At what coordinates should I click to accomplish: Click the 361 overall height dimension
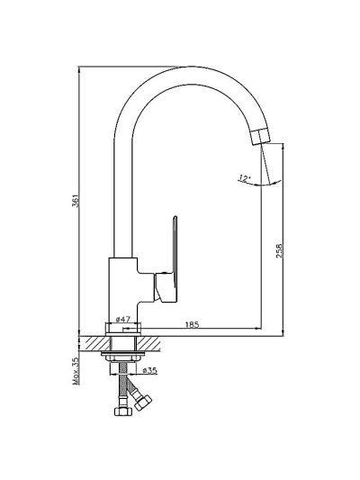pos(76,201)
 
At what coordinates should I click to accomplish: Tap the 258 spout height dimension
pos(280,250)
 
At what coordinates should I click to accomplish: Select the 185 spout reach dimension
pos(192,324)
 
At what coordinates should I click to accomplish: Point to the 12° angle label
pos(245,178)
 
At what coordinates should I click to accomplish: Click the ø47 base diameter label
pos(123,320)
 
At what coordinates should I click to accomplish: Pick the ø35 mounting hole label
pos(150,370)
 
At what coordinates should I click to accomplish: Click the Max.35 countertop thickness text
pos(76,371)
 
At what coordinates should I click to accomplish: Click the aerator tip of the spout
pos(261,136)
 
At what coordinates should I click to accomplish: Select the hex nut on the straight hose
pos(122,412)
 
